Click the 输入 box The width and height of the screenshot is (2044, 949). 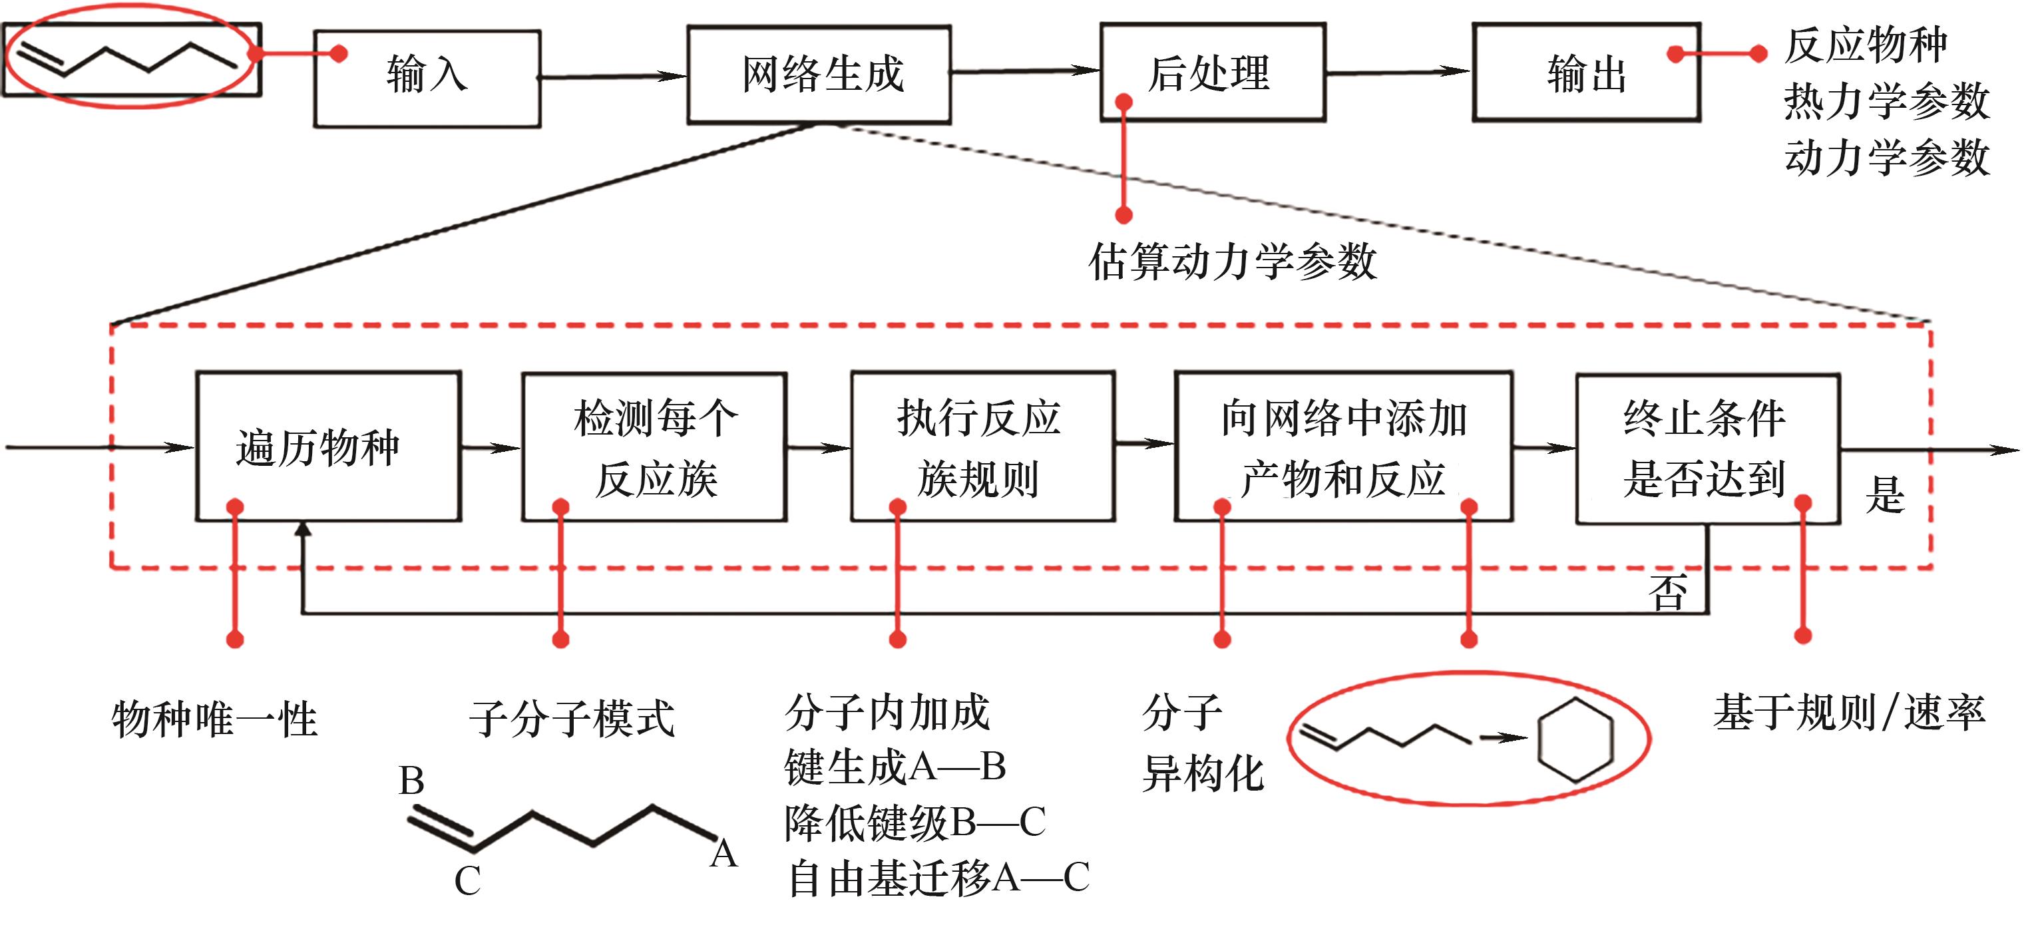coord(427,78)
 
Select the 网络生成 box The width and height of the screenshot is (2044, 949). coord(819,75)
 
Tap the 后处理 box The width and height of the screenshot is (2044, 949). coord(1211,72)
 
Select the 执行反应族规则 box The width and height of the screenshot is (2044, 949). coord(982,447)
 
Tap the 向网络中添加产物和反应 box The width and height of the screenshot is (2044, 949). coord(1342,447)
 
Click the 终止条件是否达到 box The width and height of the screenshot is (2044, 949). coord(1706,449)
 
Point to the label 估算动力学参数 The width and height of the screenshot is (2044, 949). coord(1231,262)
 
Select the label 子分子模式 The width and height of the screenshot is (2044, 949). coord(571,718)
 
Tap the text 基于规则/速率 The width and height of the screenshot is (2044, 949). coord(1849,712)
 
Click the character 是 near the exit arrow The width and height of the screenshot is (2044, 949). coord(1884,495)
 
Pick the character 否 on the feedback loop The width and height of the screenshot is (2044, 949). coord(1667,592)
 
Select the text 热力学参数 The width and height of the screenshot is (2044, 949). coord(1886,102)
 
